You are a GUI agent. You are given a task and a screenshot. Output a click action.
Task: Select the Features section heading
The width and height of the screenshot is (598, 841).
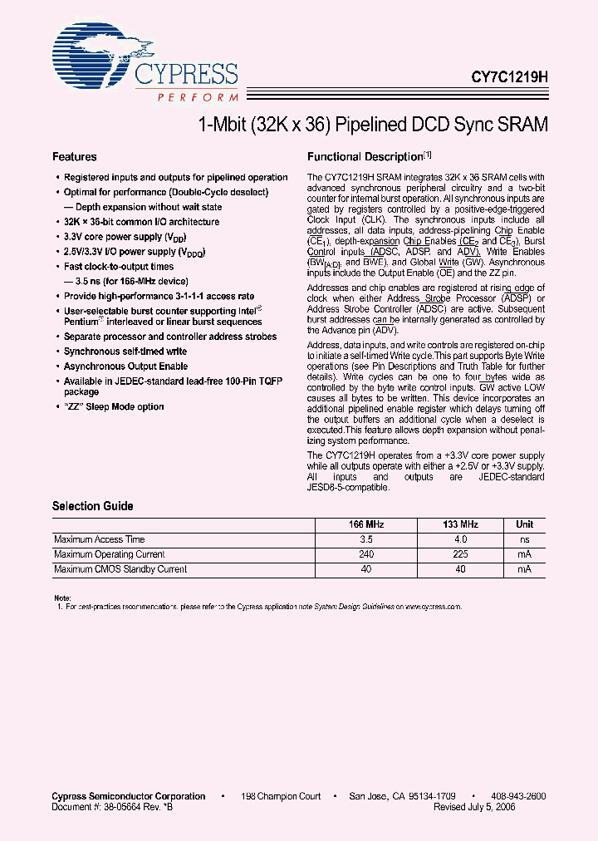75,157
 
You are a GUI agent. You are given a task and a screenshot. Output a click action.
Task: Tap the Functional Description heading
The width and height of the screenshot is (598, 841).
365,157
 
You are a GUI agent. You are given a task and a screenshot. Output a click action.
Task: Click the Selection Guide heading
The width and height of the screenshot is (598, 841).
93,506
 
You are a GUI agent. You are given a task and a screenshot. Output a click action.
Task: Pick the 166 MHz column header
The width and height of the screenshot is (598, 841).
365,525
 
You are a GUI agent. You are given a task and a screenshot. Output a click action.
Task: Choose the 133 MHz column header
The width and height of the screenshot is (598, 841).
460,525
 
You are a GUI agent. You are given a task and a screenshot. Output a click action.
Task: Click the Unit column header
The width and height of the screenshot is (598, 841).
525,525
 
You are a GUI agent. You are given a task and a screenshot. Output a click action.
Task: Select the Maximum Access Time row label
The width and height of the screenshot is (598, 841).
99,540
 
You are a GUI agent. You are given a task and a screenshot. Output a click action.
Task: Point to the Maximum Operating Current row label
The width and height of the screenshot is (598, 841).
109,554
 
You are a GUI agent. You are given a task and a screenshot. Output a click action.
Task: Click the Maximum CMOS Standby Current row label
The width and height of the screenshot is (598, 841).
120,569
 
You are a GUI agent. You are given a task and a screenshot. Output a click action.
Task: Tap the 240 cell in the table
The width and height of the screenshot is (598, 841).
365,554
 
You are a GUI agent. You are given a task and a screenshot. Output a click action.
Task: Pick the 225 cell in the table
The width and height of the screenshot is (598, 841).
460,554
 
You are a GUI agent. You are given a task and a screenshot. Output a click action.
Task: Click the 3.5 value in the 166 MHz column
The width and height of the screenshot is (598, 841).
365,540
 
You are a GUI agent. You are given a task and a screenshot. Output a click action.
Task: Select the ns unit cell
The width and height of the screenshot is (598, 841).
525,540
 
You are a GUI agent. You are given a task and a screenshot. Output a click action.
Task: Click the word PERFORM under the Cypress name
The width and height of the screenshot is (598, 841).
197,98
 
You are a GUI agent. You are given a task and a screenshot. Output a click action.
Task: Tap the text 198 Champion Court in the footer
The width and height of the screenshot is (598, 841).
281,796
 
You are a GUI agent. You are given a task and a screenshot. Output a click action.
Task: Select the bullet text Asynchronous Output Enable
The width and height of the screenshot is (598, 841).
125,366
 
